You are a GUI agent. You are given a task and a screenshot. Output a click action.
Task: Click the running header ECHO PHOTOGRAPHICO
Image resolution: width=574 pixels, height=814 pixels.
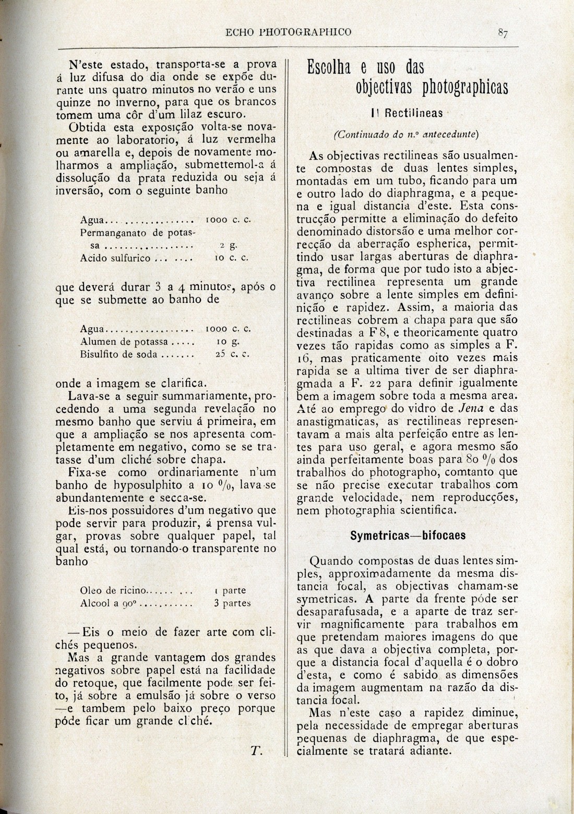tap(288, 32)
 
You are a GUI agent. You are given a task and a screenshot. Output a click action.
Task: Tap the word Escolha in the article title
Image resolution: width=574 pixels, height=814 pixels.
tap(330, 68)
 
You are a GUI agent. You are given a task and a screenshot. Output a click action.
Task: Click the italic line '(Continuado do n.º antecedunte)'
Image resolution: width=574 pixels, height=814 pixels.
tap(406, 134)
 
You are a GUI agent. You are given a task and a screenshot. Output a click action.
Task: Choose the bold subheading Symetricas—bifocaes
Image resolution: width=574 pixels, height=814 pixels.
tap(408, 536)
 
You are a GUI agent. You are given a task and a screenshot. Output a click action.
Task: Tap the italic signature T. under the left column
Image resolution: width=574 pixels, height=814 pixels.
tap(256, 751)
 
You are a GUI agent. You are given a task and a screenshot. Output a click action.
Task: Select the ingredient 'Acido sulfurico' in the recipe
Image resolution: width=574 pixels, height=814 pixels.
tap(116, 258)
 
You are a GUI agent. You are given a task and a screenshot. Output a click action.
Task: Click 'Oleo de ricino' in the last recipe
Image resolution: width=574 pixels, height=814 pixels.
tap(114, 591)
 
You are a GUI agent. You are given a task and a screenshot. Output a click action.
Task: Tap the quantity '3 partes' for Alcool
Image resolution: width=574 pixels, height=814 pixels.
tap(232, 603)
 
